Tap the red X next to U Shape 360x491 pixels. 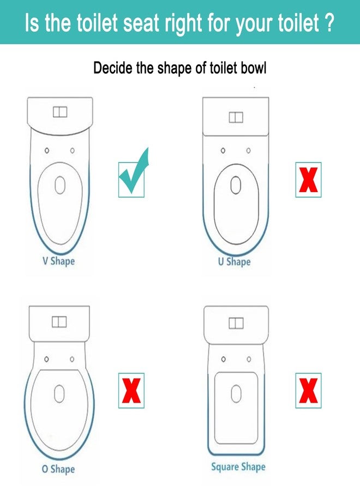click(x=308, y=179)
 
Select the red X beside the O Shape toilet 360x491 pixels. click(x=131, y=391)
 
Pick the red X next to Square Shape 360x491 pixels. click(x=308, y=391)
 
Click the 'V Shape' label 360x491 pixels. click(x=58, y=261)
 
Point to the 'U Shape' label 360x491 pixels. click(x=235, y=261)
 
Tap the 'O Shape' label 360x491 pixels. click(x=58, y=469)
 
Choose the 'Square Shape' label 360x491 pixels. click(x=238, y=467)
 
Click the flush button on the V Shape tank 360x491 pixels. click(x=60, y=112)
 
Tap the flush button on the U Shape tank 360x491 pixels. click(x=236, y=117)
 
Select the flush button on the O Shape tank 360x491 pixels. click(x=59, y=321)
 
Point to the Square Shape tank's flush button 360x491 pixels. click(x=236, y=323)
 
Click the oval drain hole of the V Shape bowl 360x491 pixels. click(x=60, y=185)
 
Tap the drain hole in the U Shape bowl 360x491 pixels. click(x=236, y=185)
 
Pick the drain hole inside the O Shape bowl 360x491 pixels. click(x=59, y=393)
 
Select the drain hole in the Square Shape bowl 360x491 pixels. click(x=236, y=394)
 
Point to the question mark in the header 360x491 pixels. click(x=329, y=22)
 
